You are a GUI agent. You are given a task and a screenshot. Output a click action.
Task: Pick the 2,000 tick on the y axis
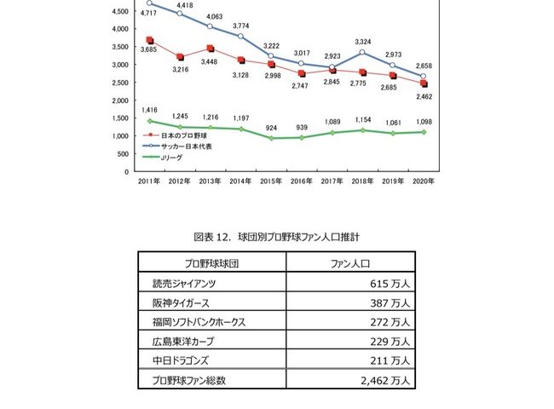pos(120,100)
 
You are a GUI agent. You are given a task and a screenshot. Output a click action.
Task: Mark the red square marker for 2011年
pos(150,40)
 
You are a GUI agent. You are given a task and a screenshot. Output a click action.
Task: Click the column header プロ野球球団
pos(211,264)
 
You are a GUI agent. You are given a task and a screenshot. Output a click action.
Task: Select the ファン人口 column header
pos(350,264)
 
